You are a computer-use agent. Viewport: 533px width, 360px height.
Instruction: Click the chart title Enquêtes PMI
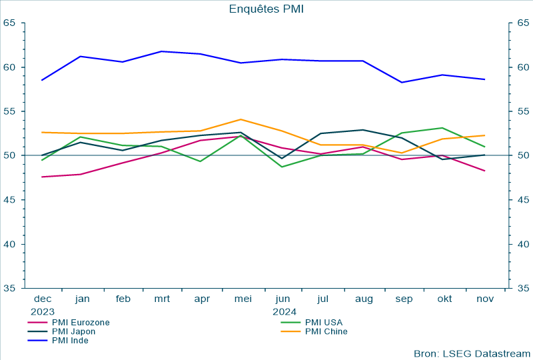(266, 9)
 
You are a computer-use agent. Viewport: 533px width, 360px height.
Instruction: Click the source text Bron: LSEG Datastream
(472, 353)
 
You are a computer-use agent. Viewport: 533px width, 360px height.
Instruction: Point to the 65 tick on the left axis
(9, 23)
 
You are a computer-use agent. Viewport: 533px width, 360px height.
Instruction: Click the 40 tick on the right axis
(523, 244)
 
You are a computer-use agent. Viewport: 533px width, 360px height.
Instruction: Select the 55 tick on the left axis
(9, 111)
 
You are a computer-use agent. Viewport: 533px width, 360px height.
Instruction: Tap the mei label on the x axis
(243, 299)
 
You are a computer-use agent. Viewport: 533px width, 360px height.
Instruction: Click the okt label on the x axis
(444, 299)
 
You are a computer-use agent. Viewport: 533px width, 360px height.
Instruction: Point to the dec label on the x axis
(42, 299)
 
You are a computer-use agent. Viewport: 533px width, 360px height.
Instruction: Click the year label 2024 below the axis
(284, 311)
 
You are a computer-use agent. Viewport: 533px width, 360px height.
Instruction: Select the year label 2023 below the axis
(42, 311)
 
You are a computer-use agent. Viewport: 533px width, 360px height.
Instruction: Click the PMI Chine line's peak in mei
(241, 119)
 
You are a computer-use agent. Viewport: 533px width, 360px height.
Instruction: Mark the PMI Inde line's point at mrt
(162, 51)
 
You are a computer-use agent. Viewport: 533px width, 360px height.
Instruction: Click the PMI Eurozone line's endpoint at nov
(484, 171)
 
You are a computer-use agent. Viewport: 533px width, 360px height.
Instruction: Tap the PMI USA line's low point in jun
(282, 167)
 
